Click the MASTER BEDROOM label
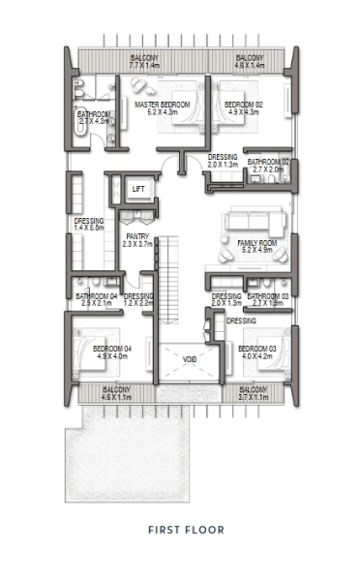pos(161,105)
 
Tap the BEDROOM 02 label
pos(244,105)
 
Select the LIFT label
pos(138,188)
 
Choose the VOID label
pos(190,358)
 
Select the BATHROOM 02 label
pos(268,162)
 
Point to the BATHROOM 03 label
pos(268,295)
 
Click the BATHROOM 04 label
pos(97,295)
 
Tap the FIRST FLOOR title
pos(186,530)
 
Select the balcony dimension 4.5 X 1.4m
pos(249,66)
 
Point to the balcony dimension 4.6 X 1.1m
pos(117,397)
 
